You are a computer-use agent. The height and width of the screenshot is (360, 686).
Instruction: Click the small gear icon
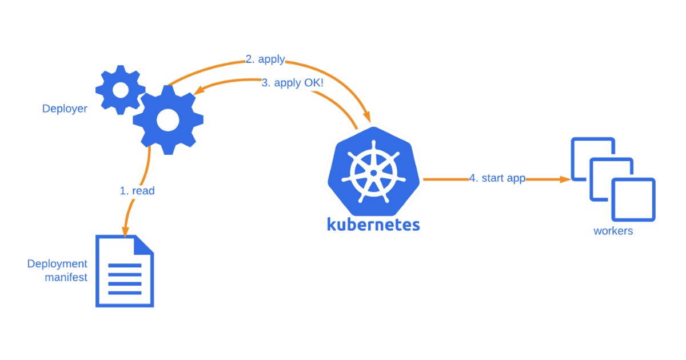coord(121,89)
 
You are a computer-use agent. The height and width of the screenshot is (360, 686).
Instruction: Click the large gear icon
coord(168,119)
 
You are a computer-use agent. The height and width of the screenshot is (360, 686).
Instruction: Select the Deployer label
coord(65,109)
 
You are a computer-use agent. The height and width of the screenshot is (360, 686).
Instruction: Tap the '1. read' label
coord(137,191)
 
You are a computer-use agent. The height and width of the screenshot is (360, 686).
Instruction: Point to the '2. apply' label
coord(265,59)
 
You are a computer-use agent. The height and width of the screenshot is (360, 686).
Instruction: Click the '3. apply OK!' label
coord(293,82)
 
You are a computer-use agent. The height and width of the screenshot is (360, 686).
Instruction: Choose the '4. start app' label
coord(497,178)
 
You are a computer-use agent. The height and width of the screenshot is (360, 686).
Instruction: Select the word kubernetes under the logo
coord(373,223)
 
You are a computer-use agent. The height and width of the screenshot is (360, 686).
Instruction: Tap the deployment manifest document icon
coord(125,271)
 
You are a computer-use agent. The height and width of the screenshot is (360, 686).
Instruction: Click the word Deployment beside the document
coord(57,264)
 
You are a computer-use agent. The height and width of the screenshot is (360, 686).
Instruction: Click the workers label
coord(613,231)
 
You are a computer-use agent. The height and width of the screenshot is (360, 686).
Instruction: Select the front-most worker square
coord(633,199)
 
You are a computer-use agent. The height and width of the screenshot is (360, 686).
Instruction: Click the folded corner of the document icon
coord(144,245)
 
